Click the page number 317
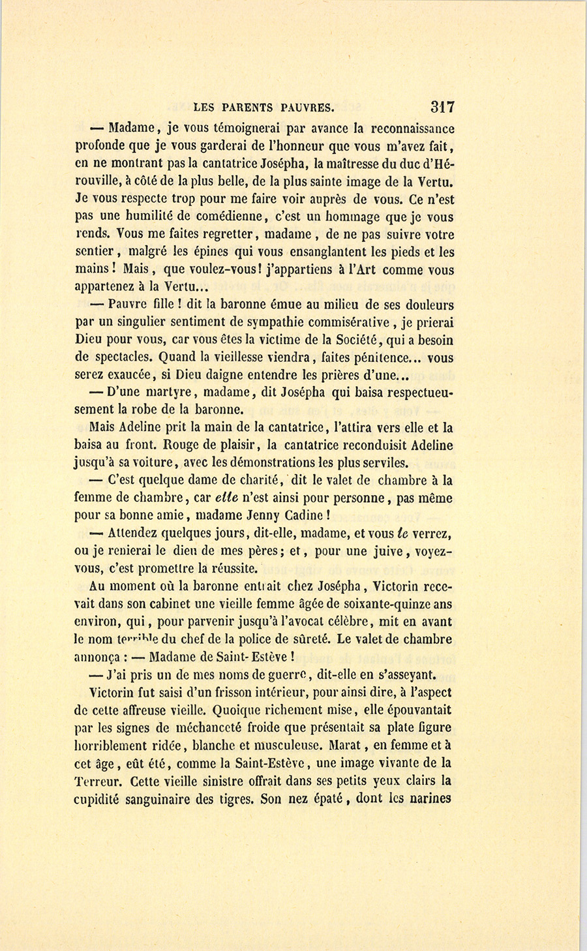click(442, 107)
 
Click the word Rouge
click(179, 446)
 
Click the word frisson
click(194, 693)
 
